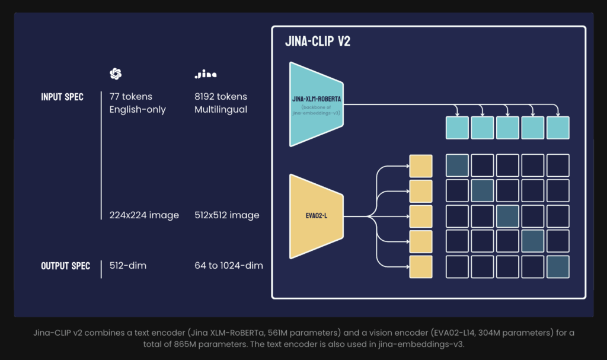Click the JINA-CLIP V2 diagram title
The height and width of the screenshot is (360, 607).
click(x=318, y=43)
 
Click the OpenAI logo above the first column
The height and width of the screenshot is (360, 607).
click(x=116, y=74)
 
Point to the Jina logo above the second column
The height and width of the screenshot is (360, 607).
click(x=206, y=75)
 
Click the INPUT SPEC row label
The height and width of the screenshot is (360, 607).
click(x=62, y=97)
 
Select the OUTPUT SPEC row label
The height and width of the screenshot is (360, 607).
click(x=65, y=266)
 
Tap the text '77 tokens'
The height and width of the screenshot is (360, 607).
click(x=130, y=97)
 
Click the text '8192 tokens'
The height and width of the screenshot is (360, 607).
click(x=221, y=97)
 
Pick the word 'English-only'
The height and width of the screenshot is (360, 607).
click(x=138, y=110)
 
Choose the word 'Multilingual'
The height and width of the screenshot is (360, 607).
click(x=221, y=110)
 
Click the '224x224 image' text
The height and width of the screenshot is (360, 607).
click(x=144, y=215)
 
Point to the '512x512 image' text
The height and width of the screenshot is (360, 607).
click(x=227, y=215)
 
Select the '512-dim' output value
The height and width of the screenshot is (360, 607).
click(x=128, y=266)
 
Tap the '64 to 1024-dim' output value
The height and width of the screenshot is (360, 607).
click(x=229, y=266)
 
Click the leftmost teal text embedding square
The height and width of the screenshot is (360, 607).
click(x=457, y=128)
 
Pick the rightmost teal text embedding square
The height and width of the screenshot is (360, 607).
click(x=558, y=128)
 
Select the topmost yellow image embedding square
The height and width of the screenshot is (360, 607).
click(x=421, y=165)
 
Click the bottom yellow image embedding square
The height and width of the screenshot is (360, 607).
click(x=421, y=267)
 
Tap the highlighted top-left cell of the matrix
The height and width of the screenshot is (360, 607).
click(x=457, y=165)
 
